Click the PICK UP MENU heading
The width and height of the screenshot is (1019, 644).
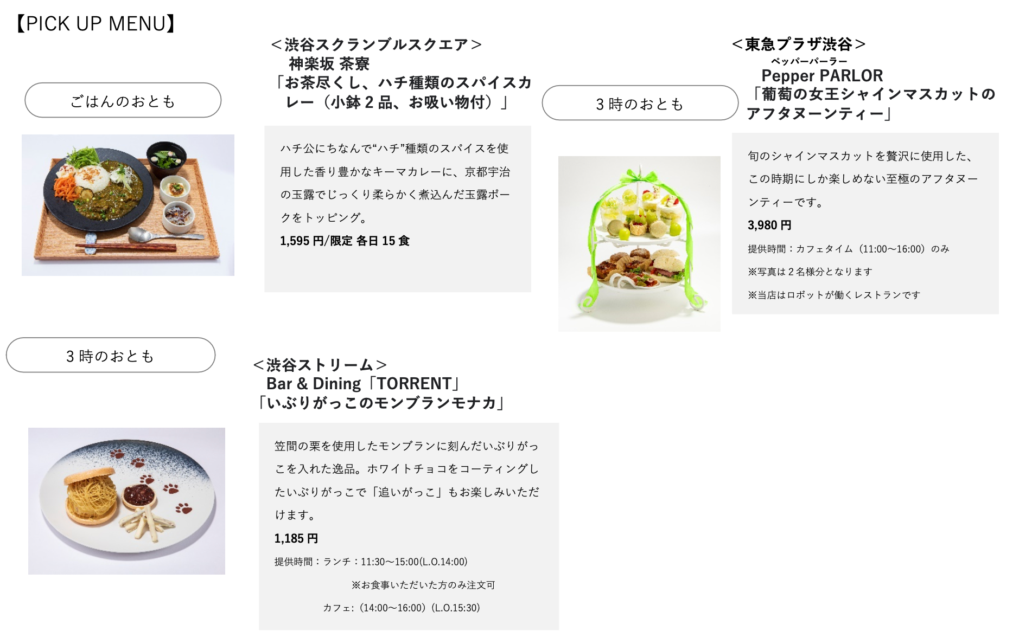tap(95, 24)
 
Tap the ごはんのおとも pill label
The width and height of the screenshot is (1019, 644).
tap(123, 101)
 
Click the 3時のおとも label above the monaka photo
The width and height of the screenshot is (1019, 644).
tap(110, 356)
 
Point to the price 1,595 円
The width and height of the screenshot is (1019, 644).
tap(302, 241)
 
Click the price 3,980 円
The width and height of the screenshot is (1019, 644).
tap(769, 225)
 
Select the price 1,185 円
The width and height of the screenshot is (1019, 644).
tap(296, 538)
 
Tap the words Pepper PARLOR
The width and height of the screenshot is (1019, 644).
tap(821, 76)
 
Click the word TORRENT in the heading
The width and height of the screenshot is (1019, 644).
tap(414, 384)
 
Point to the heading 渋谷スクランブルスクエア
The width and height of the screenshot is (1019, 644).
tap(376, 44)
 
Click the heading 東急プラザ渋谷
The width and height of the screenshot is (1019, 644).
tap(798, 44)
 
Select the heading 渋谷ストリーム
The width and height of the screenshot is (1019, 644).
tap(320, 365)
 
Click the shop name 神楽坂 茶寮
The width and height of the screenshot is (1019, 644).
tap(329, 64)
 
